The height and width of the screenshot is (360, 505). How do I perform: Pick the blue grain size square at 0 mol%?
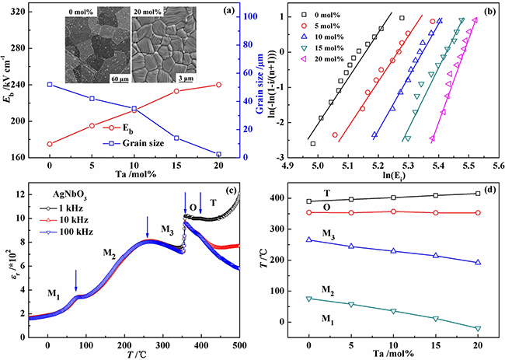point(50,85)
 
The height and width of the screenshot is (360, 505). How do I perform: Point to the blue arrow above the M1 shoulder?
point(75,278)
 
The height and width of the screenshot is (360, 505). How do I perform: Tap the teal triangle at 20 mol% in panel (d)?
point(477,329)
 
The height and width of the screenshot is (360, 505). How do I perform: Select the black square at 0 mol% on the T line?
point(309,201)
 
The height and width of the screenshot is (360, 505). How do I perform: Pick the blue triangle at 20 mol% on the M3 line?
point(477,262)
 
